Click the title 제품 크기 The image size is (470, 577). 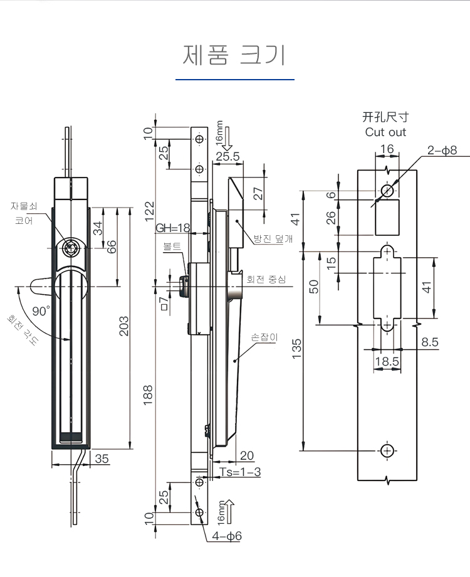point(234,55)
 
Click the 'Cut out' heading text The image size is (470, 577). point(385,132)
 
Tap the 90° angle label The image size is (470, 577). point(41,310)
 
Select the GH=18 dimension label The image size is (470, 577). point(172,228)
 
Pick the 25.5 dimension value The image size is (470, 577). point(227,157)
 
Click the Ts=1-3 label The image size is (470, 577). point(241,472)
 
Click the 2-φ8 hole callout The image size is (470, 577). point(442,151)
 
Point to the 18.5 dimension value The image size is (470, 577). point(387,361)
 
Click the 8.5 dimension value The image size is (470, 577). point(430,342)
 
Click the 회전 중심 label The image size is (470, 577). point(266,279)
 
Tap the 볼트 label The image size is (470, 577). point(171,246)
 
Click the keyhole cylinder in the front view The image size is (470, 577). point(70,248)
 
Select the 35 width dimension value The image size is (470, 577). point(102,458)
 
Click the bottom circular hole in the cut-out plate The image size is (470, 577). point(387,450)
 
